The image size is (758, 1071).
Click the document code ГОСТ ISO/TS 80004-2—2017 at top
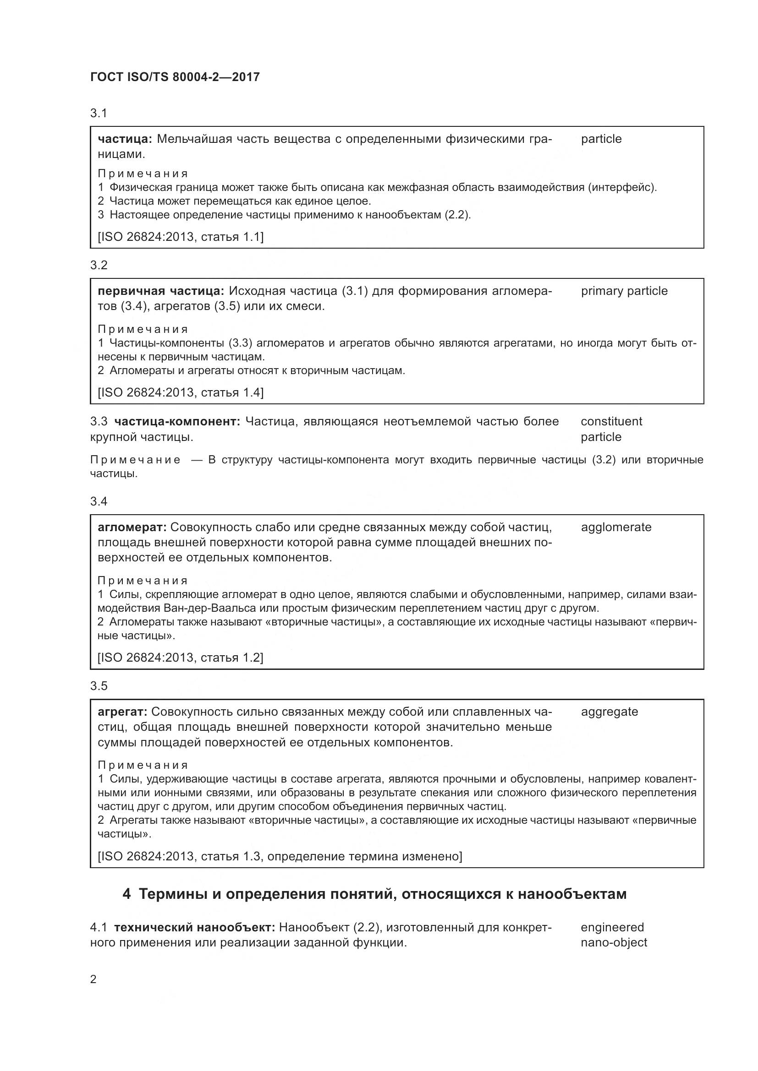(x=175, y=77)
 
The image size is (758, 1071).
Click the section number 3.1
(x=99, y=113)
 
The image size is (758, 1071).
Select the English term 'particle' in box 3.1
(x=601, y=139)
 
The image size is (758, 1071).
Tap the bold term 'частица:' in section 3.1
(x=125, y=139)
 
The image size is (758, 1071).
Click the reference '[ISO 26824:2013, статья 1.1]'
(x=180, y=237)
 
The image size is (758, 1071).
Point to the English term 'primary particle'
(x=624, y=291)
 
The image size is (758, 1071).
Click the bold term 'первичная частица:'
(x=161, y=291)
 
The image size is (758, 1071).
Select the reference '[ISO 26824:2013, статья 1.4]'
(x=180, y=392)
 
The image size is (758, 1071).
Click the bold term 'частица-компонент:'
(x=177, y=422)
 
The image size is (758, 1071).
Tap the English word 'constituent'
(x=611, y=422)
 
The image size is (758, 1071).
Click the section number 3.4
(x=99, y=501)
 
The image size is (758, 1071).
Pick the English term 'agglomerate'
(x=615, y=527)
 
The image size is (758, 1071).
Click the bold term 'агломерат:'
(x=132, y=527)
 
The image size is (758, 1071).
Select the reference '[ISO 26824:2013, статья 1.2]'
(x=180, y=658)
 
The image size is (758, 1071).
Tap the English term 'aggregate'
(x=609, y=712)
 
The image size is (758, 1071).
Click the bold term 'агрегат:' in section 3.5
(x=123, y=712)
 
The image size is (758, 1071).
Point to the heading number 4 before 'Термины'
(x=126, y=894)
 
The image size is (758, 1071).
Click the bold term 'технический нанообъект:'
(x=196, y=927)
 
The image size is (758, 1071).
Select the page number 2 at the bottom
(x=93, y=979)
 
